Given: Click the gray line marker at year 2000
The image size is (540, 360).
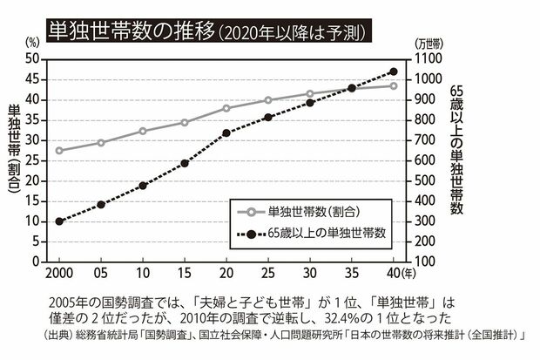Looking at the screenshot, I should (59, 150).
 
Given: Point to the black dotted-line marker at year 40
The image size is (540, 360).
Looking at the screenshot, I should (394, 71).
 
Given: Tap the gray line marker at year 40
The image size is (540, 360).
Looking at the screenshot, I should (394, 85).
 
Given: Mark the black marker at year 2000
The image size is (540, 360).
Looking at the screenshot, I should (59, 221).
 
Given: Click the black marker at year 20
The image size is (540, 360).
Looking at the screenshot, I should (226, 133).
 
